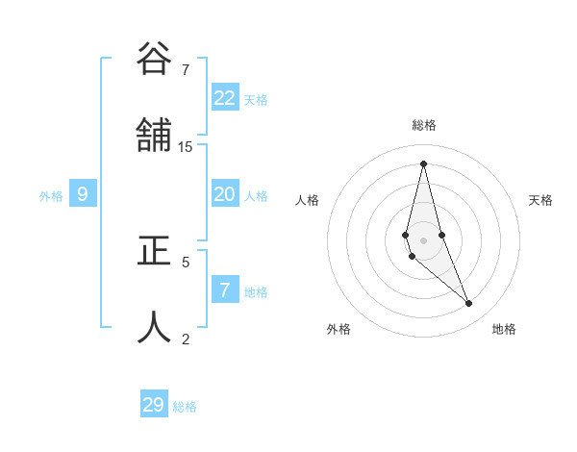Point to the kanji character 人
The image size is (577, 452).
154,327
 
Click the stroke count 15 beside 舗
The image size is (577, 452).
186,146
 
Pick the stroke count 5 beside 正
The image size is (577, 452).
186,261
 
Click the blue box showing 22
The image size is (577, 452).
225,98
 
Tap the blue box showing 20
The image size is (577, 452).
225,194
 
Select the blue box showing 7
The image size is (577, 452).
225,290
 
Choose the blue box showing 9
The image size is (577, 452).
83,194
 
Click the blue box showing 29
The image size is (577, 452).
154,405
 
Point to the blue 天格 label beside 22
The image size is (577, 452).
256,99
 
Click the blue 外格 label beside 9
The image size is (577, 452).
51,196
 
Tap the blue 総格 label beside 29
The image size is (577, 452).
185,407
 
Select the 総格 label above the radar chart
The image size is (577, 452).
424,125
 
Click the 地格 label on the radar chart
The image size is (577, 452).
504,329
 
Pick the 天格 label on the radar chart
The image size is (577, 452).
540,200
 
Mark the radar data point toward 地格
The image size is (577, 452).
469,304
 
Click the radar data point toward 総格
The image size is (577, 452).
423,163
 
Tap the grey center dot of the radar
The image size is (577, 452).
423,239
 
